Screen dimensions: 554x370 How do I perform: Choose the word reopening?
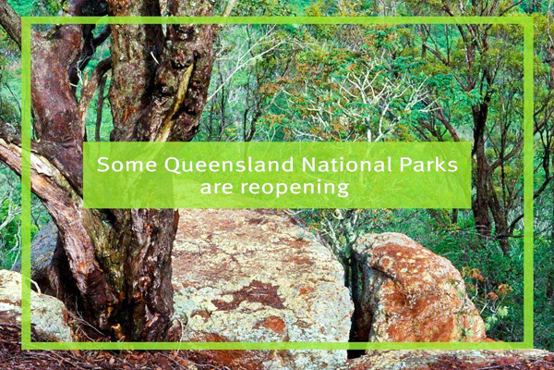[295, 189]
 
